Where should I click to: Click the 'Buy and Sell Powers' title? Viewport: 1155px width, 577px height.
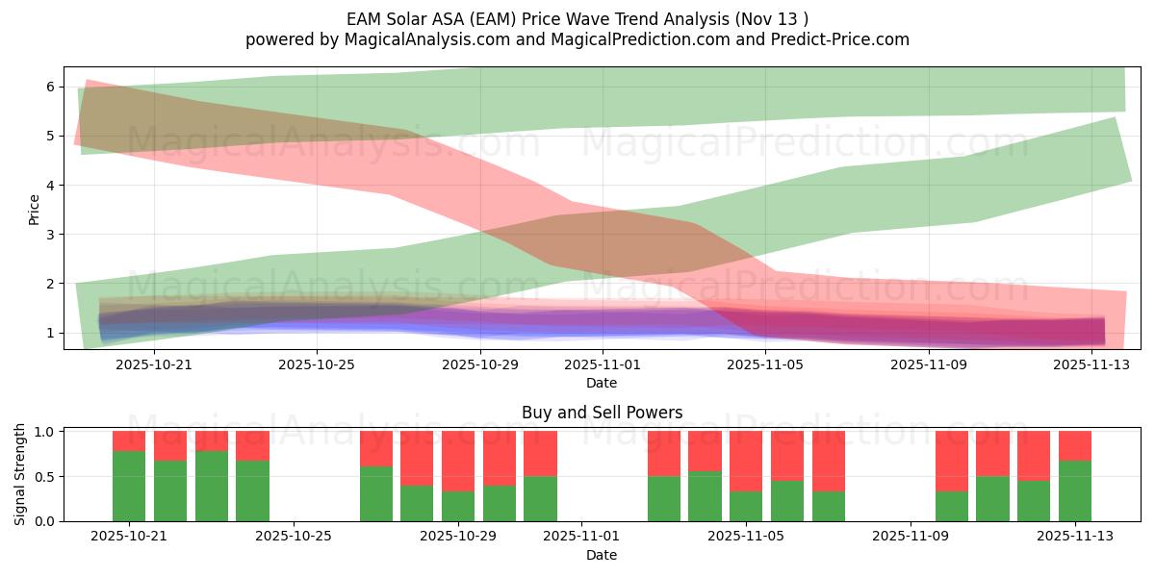pos(602,413)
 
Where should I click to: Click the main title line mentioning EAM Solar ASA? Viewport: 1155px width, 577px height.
pos(577,18)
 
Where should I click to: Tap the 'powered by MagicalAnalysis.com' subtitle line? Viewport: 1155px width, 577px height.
pos(577,39)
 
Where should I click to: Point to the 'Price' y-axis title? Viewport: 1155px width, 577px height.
pos(35,209)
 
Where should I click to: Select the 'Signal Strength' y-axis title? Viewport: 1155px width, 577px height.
pos(20,474)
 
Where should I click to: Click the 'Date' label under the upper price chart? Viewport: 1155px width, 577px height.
pos(602,383)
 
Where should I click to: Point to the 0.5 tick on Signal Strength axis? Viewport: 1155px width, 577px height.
pos(43,477)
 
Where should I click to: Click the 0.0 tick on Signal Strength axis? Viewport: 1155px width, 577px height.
pos(43,521)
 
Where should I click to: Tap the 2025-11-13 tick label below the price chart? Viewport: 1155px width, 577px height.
pos(1091,365)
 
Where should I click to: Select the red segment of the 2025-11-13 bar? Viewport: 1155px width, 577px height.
pos(1075,445)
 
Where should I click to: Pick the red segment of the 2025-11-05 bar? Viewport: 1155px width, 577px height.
pos(746,461)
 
